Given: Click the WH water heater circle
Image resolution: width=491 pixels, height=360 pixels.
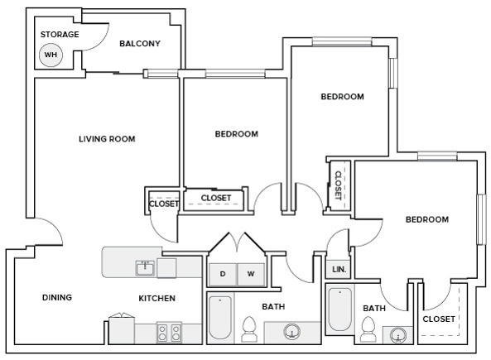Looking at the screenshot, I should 51,55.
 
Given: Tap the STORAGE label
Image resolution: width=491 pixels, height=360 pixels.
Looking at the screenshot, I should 60,34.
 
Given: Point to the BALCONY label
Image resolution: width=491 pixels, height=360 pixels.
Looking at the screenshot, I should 140,44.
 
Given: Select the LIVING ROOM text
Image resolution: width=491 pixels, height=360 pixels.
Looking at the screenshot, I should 107,139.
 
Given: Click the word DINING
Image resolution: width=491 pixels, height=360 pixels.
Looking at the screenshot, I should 57,298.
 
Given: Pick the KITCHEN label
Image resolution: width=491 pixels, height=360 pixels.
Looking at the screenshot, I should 156,298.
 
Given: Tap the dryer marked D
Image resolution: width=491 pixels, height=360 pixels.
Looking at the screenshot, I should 223,273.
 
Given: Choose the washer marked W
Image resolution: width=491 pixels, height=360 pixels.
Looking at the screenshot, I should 251,273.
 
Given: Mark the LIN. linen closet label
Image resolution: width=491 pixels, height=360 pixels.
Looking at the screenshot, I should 339,270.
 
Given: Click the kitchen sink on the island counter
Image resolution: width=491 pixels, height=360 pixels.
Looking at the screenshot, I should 146,267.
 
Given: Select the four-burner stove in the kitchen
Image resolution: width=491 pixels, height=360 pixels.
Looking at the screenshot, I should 170,333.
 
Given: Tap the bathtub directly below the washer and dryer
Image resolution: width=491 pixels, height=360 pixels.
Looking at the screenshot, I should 220,319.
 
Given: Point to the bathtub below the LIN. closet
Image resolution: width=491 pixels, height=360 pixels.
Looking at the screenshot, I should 339,310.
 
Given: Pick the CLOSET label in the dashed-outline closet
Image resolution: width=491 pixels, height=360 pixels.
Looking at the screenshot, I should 439,319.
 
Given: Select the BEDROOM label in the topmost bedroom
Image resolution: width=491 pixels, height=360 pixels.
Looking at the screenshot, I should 342,97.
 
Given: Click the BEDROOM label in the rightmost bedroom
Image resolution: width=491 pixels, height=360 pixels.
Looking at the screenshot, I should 426,219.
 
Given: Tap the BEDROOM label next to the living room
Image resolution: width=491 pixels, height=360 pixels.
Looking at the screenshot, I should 236,134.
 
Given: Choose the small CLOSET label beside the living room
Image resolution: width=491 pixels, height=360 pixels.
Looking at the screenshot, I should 164,204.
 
